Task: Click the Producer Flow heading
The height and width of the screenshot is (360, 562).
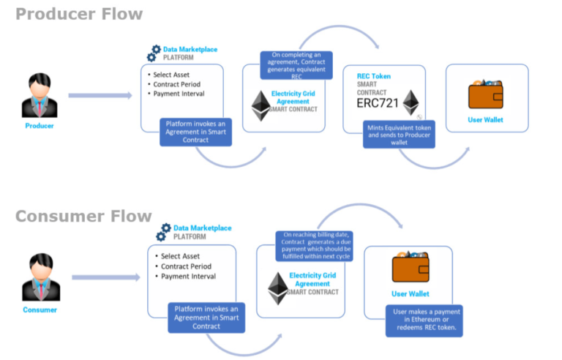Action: [79, 14]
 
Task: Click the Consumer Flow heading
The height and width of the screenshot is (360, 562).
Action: [83, 216]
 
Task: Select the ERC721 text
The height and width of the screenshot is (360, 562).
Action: [378, 104]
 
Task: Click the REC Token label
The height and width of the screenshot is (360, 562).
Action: [373, 76]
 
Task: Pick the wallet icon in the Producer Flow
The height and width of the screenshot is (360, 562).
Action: [485, 95]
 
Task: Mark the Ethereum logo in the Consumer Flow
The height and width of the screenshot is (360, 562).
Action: [278, 288]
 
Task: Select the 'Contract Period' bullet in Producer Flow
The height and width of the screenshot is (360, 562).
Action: [178, 84]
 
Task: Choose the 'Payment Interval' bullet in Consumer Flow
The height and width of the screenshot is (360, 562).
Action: [187, 277]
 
